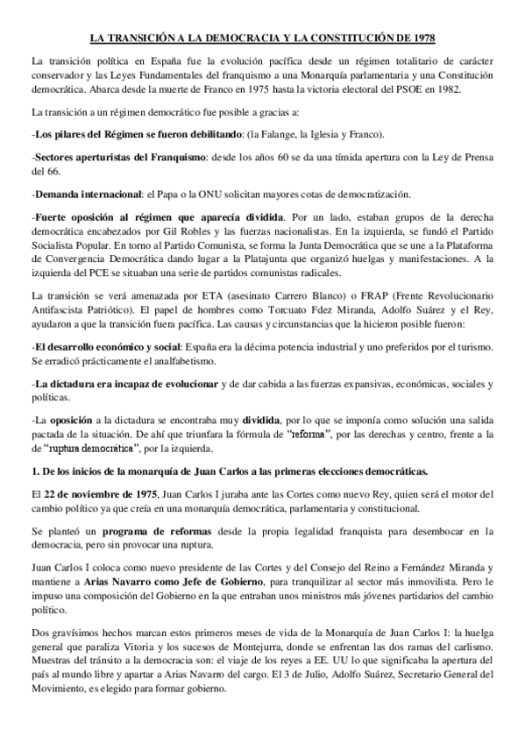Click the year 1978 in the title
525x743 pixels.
[x=420, y=39]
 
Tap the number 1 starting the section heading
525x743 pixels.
[x=33, y=471]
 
